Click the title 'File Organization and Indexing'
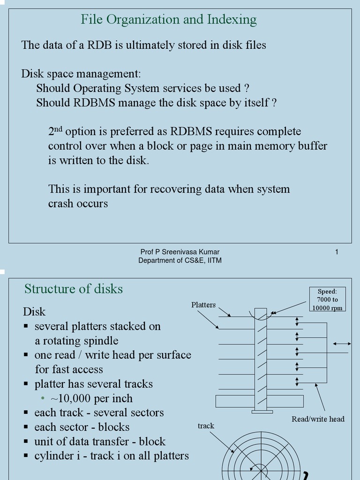pyautogui.click(x=169, y=20)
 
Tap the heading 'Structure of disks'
pyautogui.click(x=74, y=289)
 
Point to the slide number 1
pyautogui.click(x=337, y=252)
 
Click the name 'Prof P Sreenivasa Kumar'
pyautogui.click(x=180, y=252)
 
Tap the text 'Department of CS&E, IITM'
pyautogui.click(x=180, y=261)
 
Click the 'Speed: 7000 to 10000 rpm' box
pyautogui.click(x=327, y=300)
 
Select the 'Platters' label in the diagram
pyautogui.click(x=203, y=305)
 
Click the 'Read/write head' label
pyautogui.click(x=318, y=419)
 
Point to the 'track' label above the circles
pyautogui.click(x=206, y=426)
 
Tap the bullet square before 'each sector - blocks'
pyautogui.click(x=26, y=427)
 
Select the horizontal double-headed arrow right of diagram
pyautogui.click(x=342, y=344)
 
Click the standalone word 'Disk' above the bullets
pyautogui.click(x=34, y=312)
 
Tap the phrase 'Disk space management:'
pyautogui.click(x=81, y=74)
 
